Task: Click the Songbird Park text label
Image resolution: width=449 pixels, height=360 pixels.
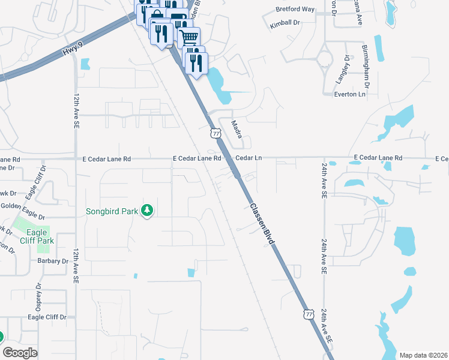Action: [112, 211]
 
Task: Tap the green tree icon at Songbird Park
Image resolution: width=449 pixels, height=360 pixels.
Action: [146, 211]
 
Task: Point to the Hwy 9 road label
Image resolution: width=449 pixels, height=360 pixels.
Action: [71, 50]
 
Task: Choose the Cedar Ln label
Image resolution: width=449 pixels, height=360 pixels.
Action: [249, 158]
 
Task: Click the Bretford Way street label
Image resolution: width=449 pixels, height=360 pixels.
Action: [295, 10]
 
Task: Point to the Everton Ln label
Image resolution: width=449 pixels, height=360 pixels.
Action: [349, 94]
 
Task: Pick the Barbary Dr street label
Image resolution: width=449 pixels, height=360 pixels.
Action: [52, 261]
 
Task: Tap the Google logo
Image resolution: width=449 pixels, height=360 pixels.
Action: [19, 353]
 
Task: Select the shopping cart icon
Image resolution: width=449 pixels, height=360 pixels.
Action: [188, 38]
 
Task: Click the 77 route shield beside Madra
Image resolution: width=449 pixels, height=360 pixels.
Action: [215, 133]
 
